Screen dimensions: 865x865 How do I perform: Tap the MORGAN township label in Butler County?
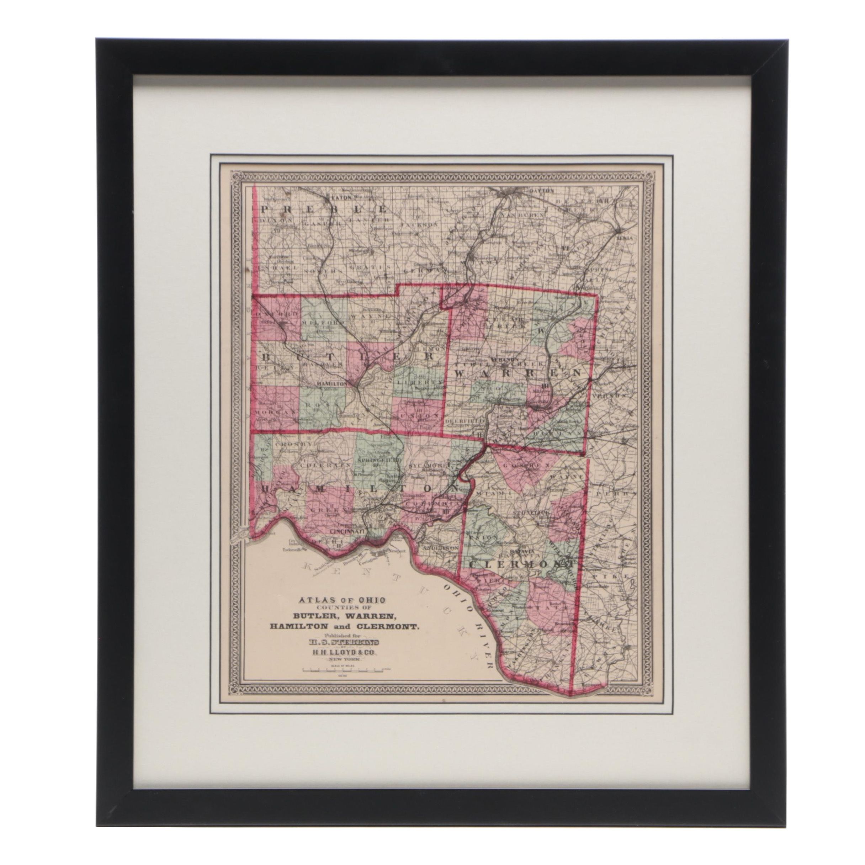275,411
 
